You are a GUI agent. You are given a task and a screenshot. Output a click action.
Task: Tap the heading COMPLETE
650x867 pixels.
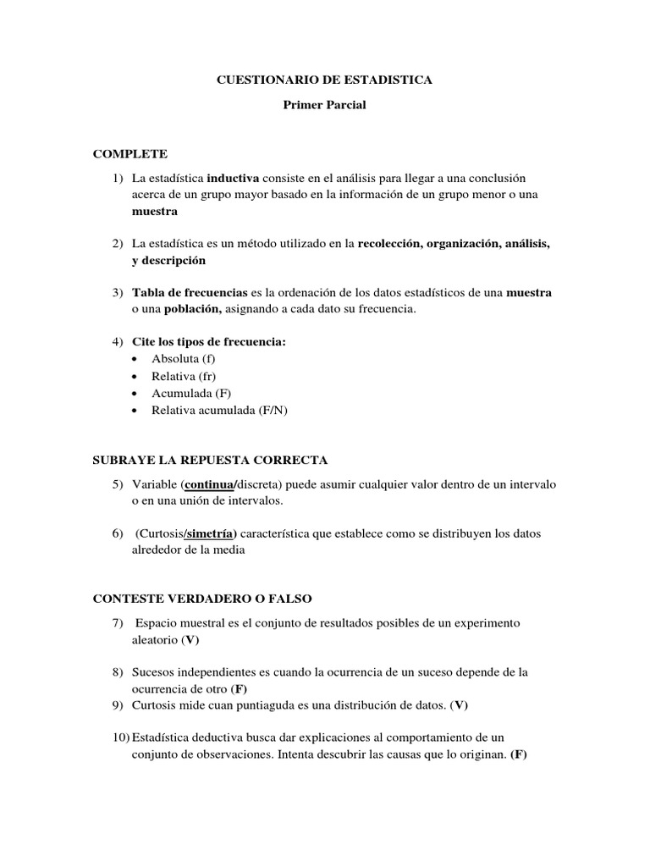[130, 153]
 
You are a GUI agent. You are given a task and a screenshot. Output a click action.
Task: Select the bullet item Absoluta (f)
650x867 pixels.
[183, 358]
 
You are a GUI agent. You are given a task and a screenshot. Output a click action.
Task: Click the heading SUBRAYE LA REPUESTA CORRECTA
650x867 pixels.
[209, 460]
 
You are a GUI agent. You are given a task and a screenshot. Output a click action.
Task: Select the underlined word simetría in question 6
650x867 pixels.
[211, 533]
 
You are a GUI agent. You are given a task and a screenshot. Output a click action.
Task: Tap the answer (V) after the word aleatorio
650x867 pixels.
[190, 640]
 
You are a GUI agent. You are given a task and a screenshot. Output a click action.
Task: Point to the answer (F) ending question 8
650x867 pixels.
[239, 688]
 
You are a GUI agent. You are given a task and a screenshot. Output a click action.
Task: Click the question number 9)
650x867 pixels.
[119, 704]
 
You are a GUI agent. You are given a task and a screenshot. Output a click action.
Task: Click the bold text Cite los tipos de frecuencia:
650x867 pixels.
[209, 341]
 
